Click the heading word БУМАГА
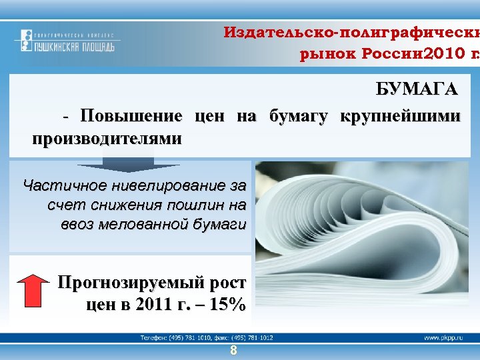417,90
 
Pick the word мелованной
155,223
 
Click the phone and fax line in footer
207,338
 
